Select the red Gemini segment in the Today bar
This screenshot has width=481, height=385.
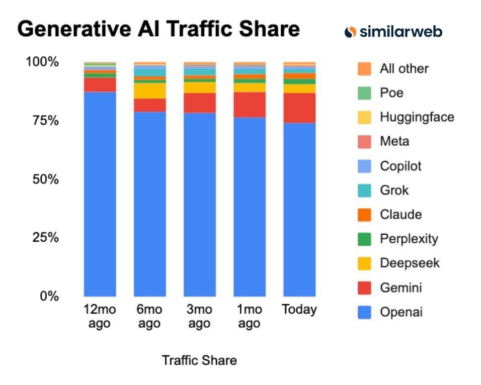click(299, 108)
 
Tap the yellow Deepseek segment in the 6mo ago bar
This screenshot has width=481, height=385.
click(149, 90)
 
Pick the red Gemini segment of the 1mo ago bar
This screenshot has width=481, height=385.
click(250, 105)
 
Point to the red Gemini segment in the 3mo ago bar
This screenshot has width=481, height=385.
click(199, 103)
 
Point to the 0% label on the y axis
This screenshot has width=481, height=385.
click(50, 296)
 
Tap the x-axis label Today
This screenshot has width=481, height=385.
click(299, 309)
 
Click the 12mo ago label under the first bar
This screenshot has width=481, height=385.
click(99, 316)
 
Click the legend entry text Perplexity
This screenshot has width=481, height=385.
click(409, 239)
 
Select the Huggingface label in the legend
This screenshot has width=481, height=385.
click(417, 117)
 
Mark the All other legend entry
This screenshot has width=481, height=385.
click(404, 68)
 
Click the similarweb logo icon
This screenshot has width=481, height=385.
click(350, 32)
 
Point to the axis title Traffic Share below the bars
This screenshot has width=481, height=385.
click(199, 360)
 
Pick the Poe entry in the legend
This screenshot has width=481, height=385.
click(391, 93)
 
